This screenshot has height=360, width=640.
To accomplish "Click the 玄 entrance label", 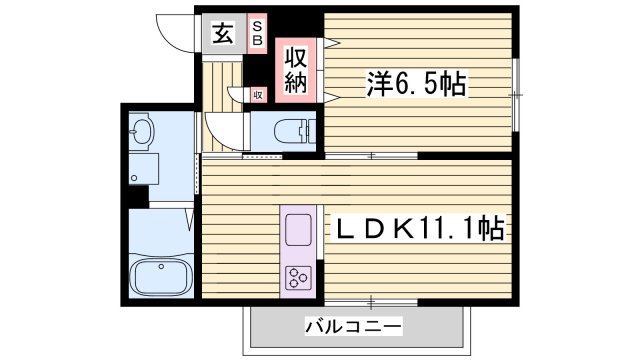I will click(222, 33).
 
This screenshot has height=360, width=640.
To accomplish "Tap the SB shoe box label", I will click(257, 33).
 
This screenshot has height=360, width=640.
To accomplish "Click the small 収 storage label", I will click(257, 95).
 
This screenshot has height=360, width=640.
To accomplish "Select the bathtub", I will click(160, 274).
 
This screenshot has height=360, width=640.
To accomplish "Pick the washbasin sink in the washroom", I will click(141, 131).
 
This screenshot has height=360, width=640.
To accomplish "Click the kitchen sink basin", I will click(299, 231).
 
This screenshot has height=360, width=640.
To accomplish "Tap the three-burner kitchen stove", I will click(299, 276).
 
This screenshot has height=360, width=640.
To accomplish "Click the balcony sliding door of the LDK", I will click(370, 301).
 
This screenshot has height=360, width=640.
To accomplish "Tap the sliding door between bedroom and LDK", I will click(371, 156).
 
